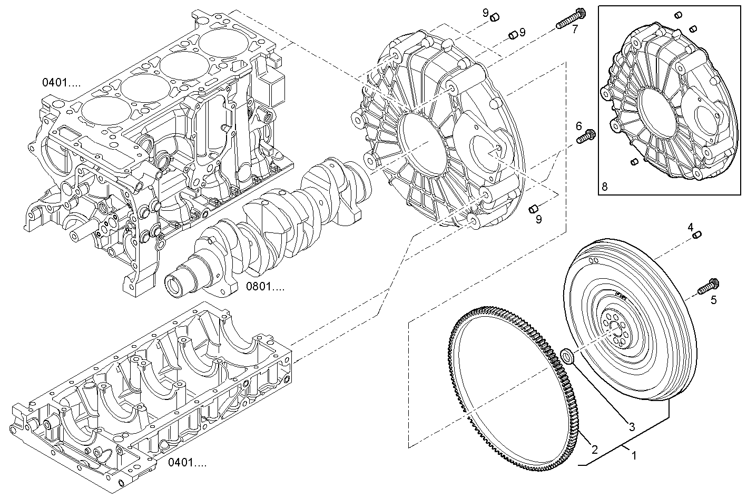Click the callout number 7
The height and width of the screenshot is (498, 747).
tap(575, 29)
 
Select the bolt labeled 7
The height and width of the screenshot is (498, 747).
tap(569, 18)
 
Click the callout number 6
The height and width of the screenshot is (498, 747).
tap(578, 126)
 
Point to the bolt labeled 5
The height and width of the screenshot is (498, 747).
tap(706, 286)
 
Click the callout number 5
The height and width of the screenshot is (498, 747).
tap(713, 300)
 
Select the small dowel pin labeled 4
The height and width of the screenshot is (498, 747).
tap(696, 235)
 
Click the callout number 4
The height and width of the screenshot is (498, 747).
tap(690, 227)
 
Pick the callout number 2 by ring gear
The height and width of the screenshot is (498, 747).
tap(594, 450)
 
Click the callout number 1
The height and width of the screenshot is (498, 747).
tap(634, 456)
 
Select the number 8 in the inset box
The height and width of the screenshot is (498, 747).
tap(604, 186)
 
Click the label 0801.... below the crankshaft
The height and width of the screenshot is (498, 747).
tap(266, 287)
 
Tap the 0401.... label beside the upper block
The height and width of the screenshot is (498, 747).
tap(62, 82)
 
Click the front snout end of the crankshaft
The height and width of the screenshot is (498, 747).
tap(175, 285)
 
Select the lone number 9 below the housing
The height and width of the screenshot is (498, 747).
tap(538, 220)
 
